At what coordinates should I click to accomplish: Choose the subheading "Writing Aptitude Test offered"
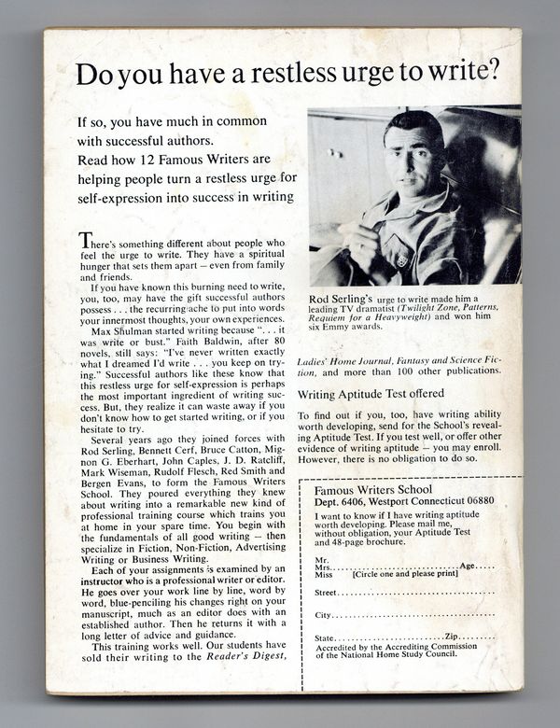click(371, 393)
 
